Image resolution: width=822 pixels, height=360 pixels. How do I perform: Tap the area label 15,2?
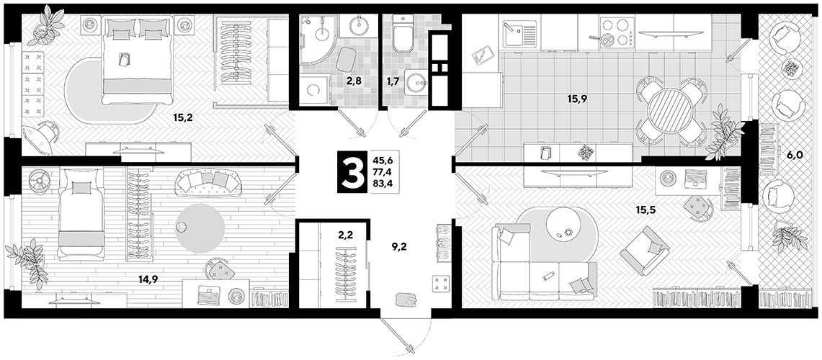183,118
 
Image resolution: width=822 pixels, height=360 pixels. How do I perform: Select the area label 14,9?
148,279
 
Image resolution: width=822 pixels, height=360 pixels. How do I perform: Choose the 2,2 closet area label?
345,236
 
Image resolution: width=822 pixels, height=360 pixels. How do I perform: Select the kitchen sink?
519,35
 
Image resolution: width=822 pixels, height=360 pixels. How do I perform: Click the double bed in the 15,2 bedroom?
138,60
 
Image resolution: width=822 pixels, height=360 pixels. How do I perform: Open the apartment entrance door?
398,332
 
